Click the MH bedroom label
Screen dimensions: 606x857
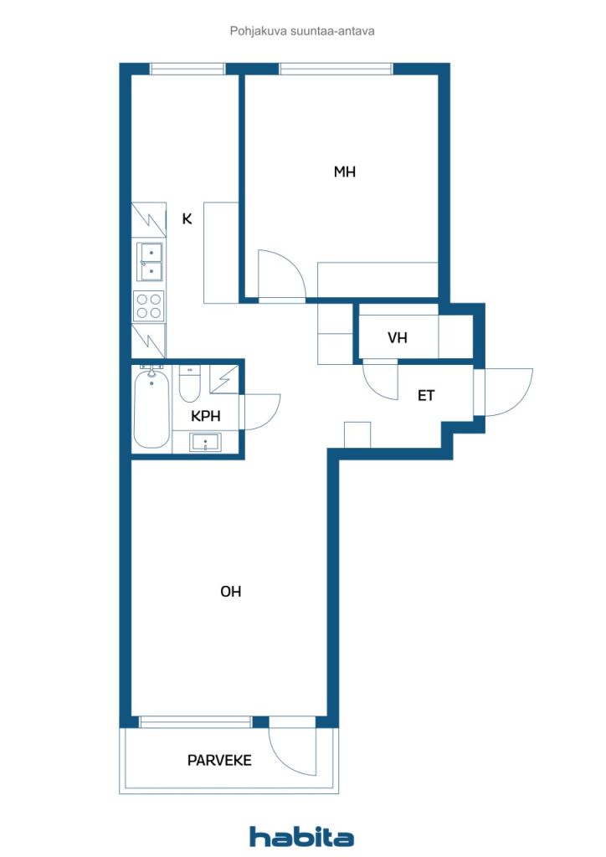coord(344,172)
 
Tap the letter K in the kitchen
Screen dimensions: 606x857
coord(187,219)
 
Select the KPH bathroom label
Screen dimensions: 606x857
coord(205,416)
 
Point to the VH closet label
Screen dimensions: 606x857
coord(398,338)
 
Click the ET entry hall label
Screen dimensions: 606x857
coord(426,395)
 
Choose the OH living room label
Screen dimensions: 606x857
coord(230,592)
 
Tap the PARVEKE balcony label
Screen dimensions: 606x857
coord(219,760)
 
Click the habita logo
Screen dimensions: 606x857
coord(301,836)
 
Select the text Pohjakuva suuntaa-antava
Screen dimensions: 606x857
coord(302,31)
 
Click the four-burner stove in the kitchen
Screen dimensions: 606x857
coord(149,306)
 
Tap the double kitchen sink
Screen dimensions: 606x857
coord(149,262)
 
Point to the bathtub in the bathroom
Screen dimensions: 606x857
coord(151,409)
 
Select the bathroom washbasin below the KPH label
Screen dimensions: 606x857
coord(205,442)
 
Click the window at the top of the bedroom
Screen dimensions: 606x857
coord(336,69)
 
